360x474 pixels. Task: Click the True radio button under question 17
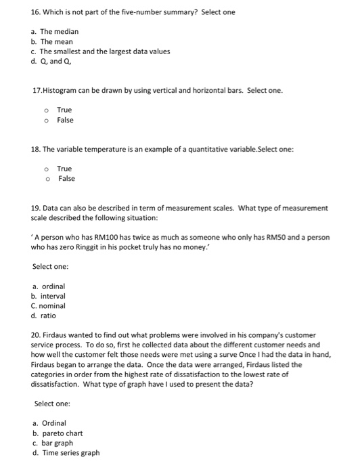pyautogui.click(x=46, y=110)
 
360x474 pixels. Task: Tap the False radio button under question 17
pyautogui.click(x=46, y=121)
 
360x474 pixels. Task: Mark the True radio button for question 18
pyautogui.click(x=46, y=169)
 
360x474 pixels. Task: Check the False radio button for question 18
pyautogui.click(x=46, y=179)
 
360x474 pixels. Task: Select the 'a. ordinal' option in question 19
pyautogui.click(x=49, y=286)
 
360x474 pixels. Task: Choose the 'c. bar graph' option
pyautogui.click(x=57, y=443)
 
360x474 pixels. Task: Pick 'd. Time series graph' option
pyautogui.click(x=70, y=453)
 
